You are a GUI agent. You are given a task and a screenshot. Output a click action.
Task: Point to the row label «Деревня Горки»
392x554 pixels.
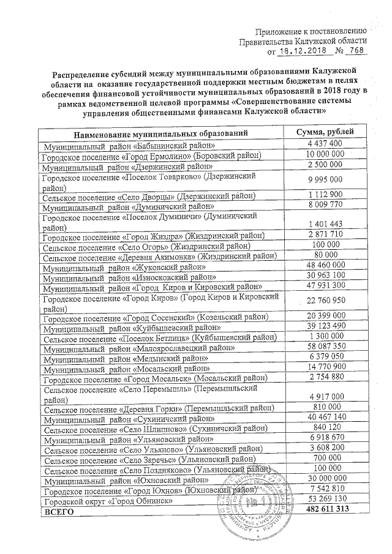159,407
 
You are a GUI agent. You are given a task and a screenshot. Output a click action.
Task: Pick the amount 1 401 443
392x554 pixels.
327,222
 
